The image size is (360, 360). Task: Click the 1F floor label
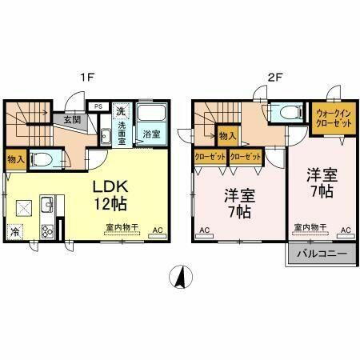coord(91,78)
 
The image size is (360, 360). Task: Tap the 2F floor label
coord(274,78)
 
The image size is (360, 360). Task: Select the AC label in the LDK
coord(157,231)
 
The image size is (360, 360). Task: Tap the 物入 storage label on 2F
coord(226,137)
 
